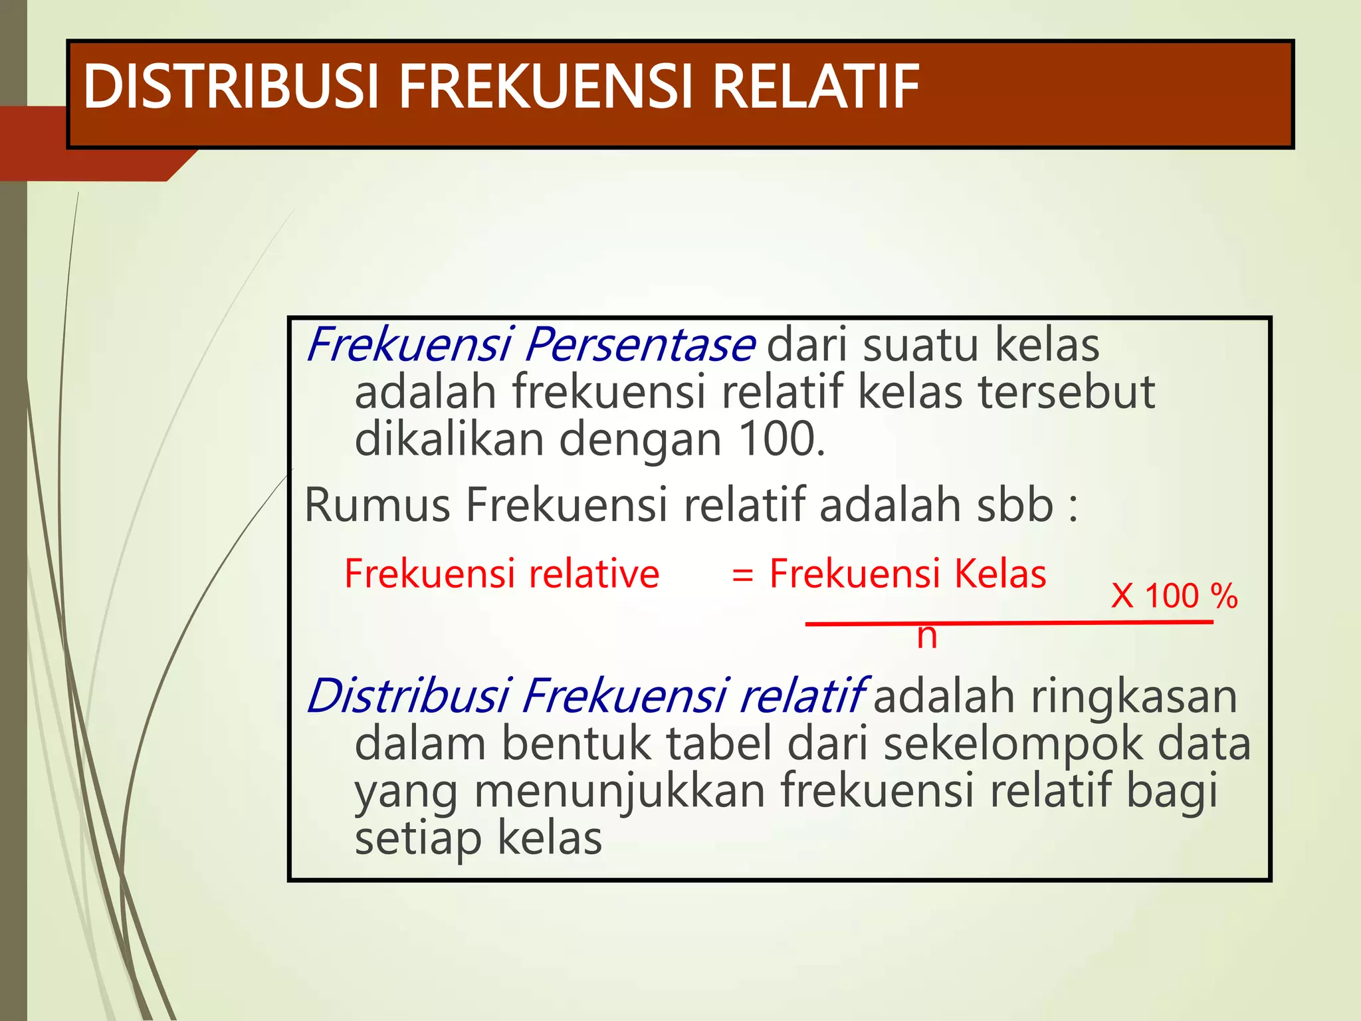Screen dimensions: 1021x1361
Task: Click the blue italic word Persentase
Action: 640,345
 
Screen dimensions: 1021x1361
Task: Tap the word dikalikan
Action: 449,439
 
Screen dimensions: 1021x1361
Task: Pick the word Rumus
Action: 377,505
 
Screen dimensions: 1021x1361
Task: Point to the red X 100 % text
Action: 1174,596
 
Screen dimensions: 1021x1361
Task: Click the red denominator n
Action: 926,636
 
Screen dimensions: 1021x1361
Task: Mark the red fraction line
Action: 1009,623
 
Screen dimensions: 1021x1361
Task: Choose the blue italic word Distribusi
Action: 407,697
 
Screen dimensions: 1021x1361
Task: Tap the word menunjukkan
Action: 619,791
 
